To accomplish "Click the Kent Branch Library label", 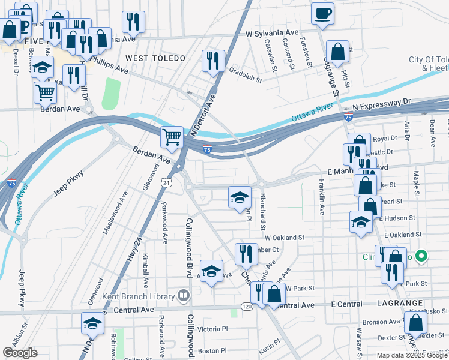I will point(139,295).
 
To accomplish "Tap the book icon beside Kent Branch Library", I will point(183,295).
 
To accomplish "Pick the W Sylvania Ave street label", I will point(272,33).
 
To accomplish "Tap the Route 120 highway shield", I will point(247,306).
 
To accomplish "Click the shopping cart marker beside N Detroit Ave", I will point(172,137).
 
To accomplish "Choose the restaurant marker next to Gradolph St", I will point(213,61).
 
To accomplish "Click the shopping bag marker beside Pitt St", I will point(339,52).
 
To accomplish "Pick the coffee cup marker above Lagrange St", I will point(322,13).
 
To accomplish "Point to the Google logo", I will point(20,353).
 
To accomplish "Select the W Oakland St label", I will point(285,238).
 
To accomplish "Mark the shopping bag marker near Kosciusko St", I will point(415,322).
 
